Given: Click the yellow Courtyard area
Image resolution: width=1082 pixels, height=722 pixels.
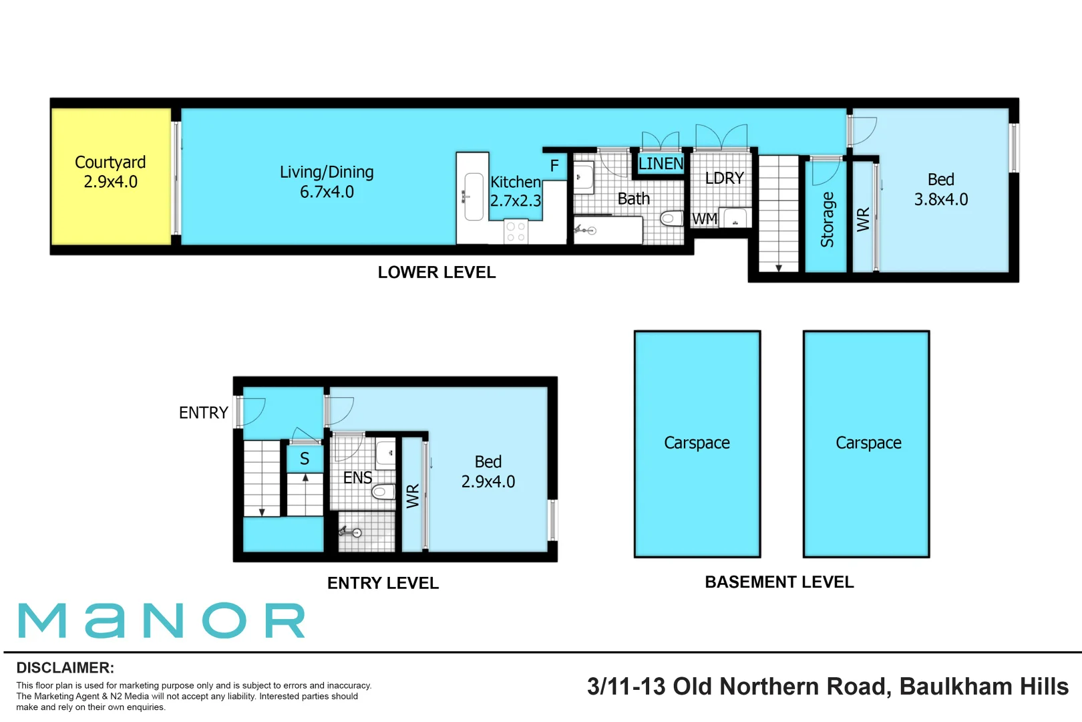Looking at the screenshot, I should [x=110, y=177].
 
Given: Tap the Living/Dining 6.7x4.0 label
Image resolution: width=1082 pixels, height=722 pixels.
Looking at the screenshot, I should [x=327, y=182].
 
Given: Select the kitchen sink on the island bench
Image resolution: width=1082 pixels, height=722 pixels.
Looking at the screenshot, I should [x=473, y=197].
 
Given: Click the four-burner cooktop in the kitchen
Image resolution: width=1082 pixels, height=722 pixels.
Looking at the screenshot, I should [x=516, y=232].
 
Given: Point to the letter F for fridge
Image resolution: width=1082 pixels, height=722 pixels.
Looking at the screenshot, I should [x=554, y=166].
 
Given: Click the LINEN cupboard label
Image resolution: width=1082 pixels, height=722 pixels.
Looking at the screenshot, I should [x=661, y=164].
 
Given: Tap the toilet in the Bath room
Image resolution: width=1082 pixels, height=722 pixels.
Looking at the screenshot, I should [x=670, y=219].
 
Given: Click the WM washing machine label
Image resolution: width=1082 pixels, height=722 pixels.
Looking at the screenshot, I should [x=705, y=219].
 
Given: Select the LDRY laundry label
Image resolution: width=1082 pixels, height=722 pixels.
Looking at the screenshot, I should [x=724, y=178].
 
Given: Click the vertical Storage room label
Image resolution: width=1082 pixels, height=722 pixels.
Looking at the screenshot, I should [x=827, y=219].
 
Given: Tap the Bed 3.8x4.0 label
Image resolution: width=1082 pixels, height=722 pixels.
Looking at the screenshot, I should [x=940, y=189].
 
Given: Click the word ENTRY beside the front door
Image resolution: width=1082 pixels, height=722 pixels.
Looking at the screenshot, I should [x=204, y=413].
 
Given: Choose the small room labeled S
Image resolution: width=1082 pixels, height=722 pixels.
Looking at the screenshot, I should [x=305, y=459].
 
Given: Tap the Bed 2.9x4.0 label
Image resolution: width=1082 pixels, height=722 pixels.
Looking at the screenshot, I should [x=488, y=471].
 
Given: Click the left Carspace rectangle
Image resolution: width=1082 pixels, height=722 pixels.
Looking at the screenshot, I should [x=697, y=443].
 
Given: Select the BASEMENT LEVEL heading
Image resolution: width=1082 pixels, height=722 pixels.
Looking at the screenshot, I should [x=779, y=582].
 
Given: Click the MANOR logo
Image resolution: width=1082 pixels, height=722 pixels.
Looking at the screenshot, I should [x=162, y=620].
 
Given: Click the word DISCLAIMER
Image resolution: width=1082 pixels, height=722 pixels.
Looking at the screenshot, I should [x=65, y=668].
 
